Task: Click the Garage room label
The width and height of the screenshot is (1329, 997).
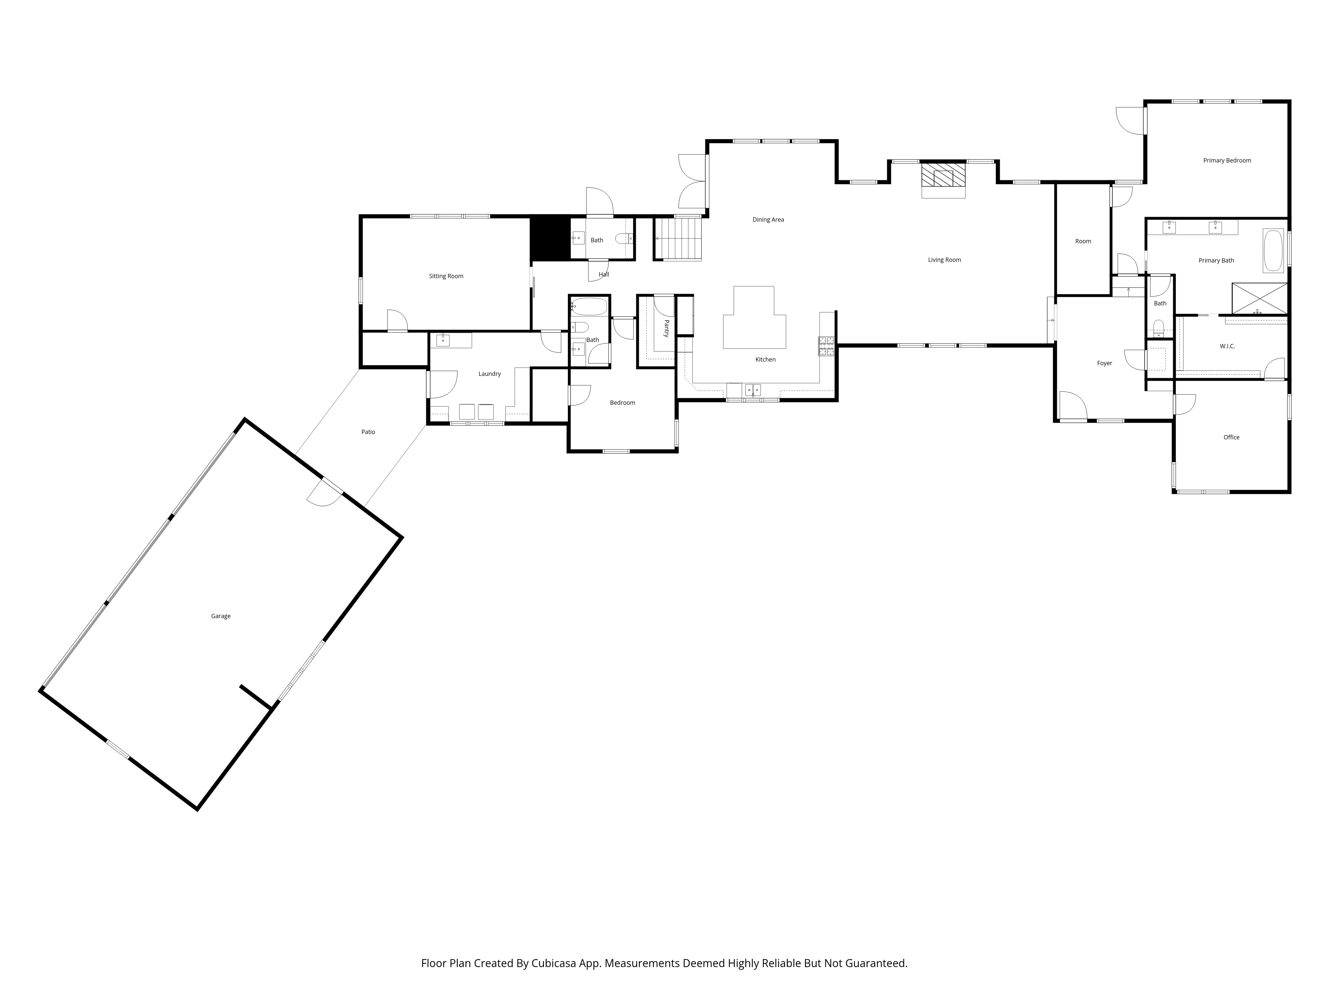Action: point(221,616)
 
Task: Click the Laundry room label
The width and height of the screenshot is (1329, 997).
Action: point(490,374)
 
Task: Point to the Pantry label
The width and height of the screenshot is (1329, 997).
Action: point(666,328)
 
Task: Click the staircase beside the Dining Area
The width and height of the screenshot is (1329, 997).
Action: point(678,239)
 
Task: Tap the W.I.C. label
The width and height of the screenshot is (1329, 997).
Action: point(1227,346)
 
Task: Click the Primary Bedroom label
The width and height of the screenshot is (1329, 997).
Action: point(1227,161)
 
